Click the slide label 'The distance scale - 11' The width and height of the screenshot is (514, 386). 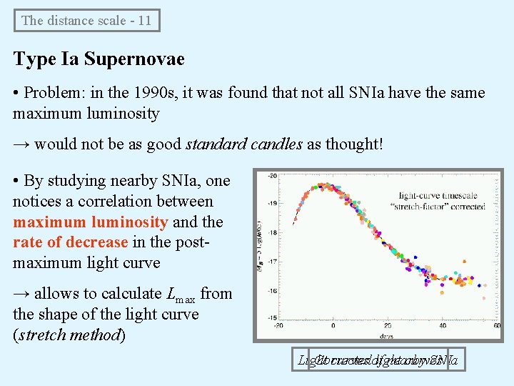tap(86, 20)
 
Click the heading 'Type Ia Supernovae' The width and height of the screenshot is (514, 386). tap(99, 59)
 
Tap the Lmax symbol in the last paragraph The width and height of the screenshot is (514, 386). tap(181, 295)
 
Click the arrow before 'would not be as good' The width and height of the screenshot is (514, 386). tap(21, 144)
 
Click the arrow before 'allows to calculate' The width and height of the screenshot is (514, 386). tap(21, 294)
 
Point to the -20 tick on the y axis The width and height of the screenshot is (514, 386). tap(271, 176)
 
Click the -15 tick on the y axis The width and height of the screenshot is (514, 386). tap(271, 317)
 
